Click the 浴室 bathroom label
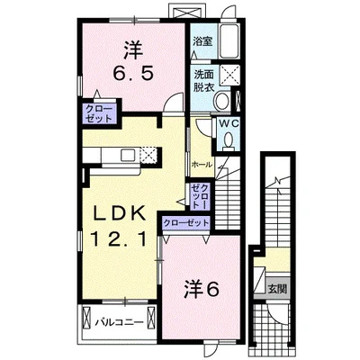point(202,41)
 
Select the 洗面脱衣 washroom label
point(202,81)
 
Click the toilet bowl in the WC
point(229,140)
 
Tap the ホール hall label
point(201,164)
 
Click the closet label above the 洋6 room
point(184,221)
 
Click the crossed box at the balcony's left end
point(88,319)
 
